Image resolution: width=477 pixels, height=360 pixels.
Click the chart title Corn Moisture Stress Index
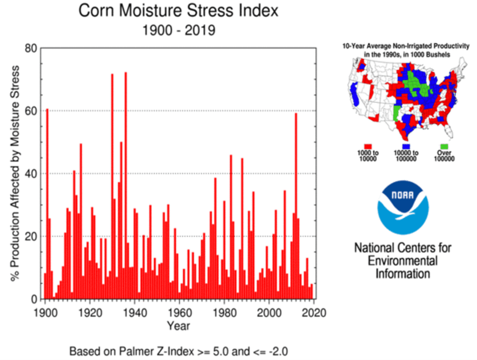[179, 11]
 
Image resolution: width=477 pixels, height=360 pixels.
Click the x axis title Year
[179, 326]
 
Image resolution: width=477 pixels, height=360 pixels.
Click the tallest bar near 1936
[125, 187]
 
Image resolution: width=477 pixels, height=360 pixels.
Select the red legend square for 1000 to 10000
[367, 146]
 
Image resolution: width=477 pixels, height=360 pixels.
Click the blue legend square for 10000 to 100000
[406, 146]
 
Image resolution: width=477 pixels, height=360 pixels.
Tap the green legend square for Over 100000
[443, 146]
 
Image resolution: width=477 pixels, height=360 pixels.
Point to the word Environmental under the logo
[403, 261]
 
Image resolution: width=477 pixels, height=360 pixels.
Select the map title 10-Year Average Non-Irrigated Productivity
[406, 47]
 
